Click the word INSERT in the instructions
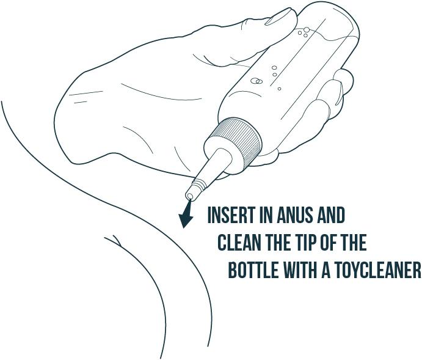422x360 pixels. click(x=231, y=215)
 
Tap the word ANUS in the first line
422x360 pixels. click(x=296, y=215)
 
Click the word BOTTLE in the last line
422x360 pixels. click(x=253, y=270)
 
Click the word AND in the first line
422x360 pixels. click(x=331, y=215)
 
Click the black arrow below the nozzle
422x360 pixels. click(x=186, y=214)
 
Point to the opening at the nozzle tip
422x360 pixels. click(x=190, y=196)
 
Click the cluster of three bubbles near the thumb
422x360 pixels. click(x=304, y=32)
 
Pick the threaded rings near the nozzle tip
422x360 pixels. click(x=200, y=183)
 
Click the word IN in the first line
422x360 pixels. click(x=266, y=215)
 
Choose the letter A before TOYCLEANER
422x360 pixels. click(x=326, y=270)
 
